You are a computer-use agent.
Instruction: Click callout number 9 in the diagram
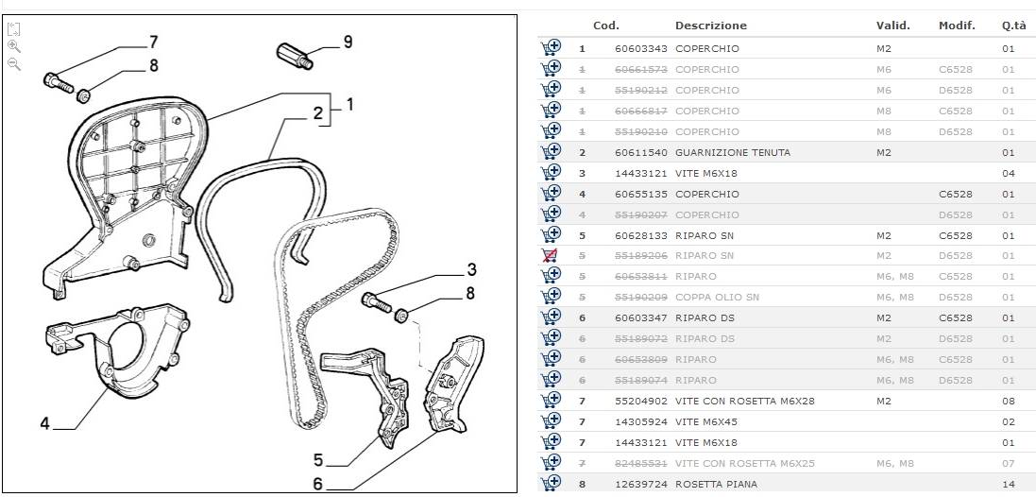click(348, 42)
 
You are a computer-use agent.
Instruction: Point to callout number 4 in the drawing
click(44, 423)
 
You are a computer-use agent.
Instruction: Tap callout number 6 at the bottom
click(317, 483)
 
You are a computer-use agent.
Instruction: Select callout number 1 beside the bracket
click(349, 105)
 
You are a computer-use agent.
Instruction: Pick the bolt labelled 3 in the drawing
click(377, 301)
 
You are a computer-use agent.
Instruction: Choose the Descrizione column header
click(710, 26)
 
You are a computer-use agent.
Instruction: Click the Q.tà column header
click(1014, 26)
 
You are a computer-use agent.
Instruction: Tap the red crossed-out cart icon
click(550, 255)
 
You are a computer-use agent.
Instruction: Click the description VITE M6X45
click(706, 421)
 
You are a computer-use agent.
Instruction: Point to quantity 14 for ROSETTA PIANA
click(1008, 484)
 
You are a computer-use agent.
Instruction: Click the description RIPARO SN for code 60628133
click(704, 235)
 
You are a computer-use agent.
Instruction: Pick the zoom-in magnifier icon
click(14, 45)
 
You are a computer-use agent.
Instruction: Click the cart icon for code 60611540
click(550, 152)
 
